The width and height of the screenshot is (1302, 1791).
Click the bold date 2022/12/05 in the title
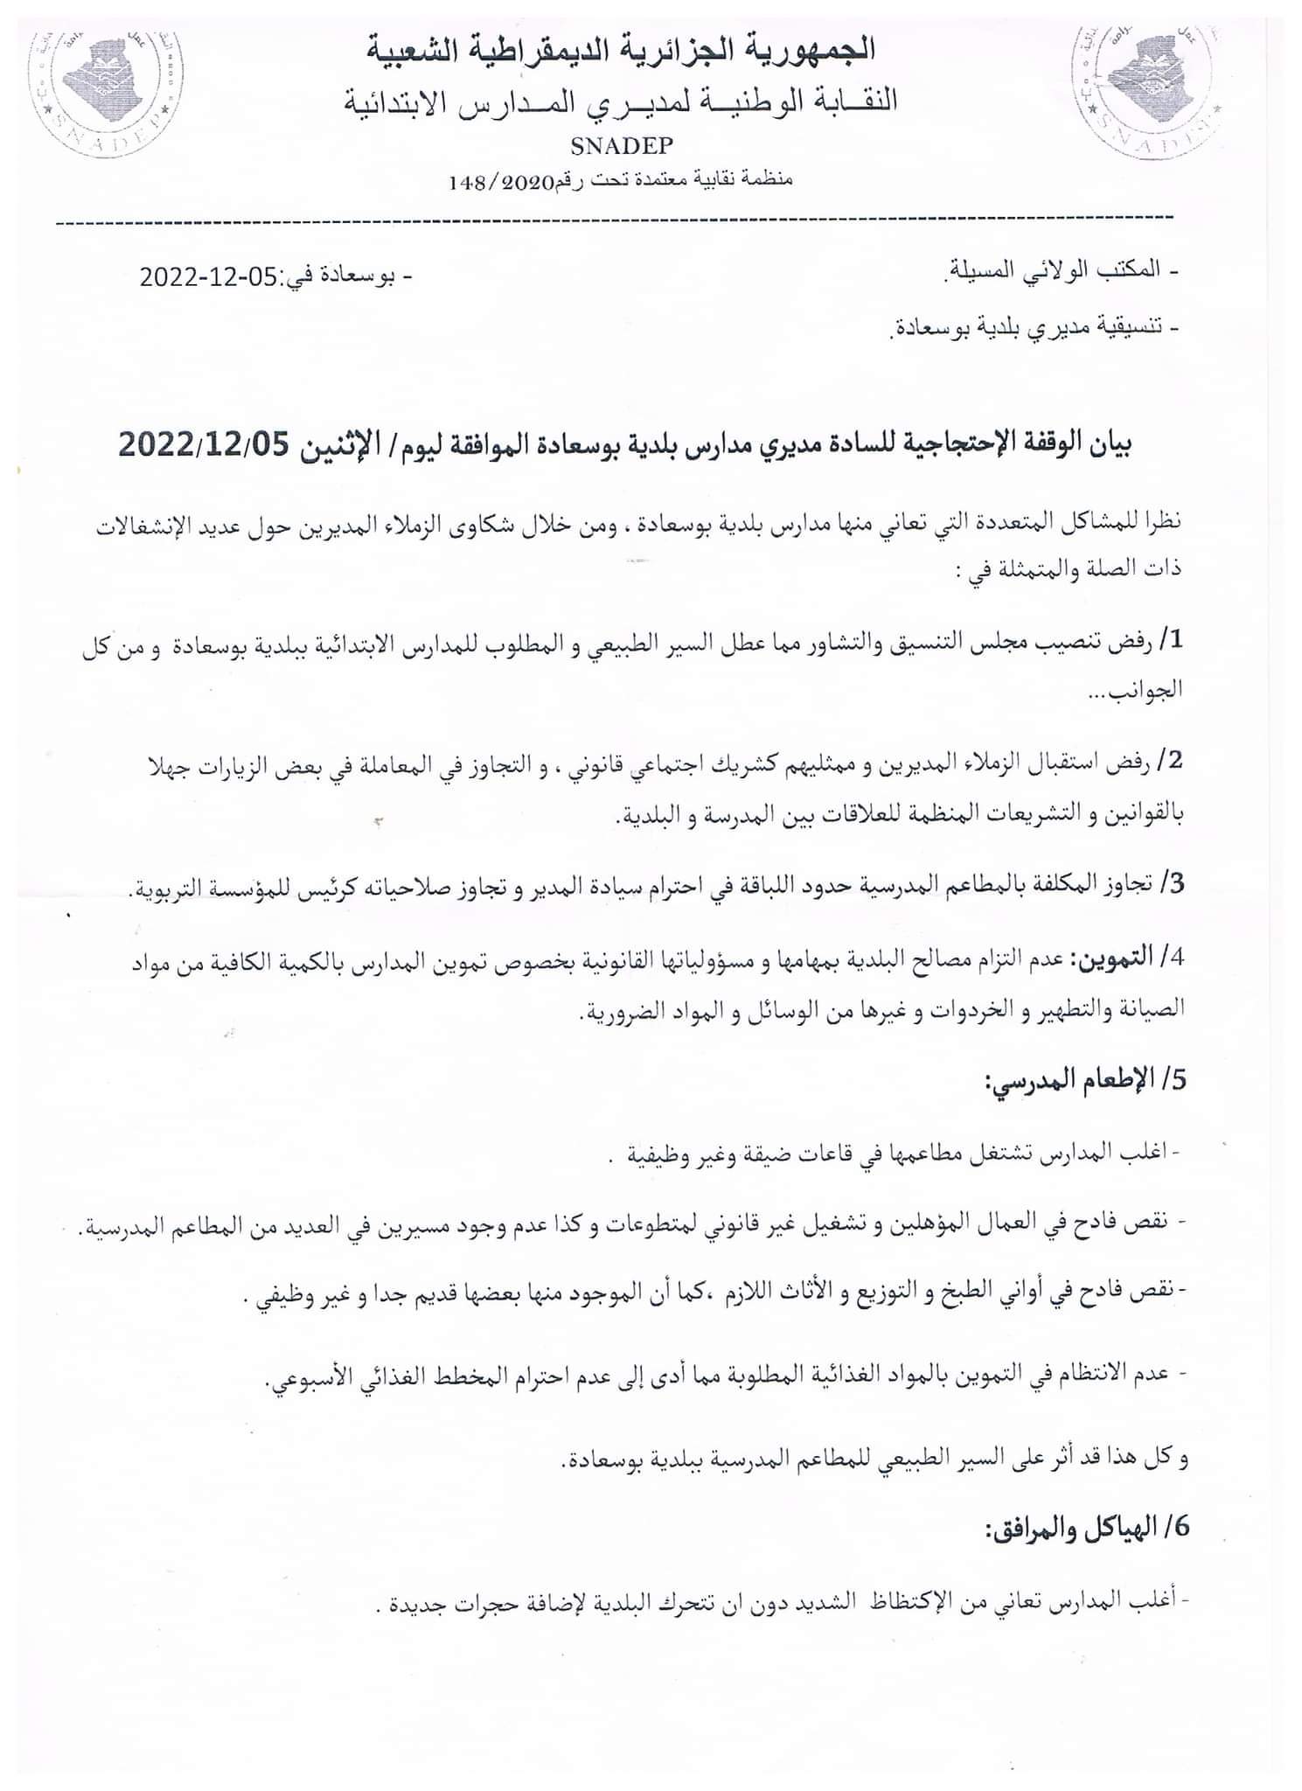(x=203, y=446)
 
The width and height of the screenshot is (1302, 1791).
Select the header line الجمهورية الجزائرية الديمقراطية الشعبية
(x=621, y=50)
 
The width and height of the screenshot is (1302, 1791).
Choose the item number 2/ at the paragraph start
(x=1170, y=761)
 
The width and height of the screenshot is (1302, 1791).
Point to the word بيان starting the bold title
(x=1112, y=446)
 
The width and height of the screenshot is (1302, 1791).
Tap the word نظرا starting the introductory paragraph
(x=1161, y=524)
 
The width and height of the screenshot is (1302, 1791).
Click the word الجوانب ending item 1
(x=1147, y=690)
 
